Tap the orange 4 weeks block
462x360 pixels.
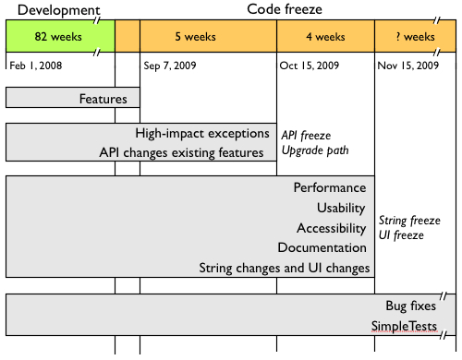click(324, 37)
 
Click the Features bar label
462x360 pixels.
click(103, 97)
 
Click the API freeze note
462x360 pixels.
click(307, 135)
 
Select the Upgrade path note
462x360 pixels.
click(315, 150)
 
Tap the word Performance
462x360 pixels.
click(330, 188)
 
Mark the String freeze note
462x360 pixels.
click(409, 221)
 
